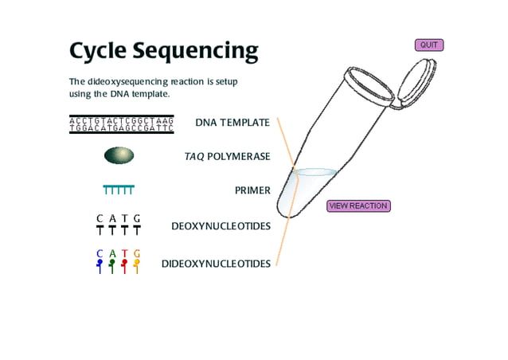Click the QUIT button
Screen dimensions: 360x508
point(428,45)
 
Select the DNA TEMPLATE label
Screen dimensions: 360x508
point(233,123)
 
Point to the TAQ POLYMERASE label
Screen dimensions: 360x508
point(227,157)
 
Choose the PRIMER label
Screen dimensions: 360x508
point(252,191)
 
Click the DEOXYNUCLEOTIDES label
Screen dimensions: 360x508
point(221,226)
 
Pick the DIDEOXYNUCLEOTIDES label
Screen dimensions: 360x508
point(216,264)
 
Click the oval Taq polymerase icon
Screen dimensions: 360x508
point(119,155)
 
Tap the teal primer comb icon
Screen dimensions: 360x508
point(119,190)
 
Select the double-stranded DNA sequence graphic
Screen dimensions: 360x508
point(121,124)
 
